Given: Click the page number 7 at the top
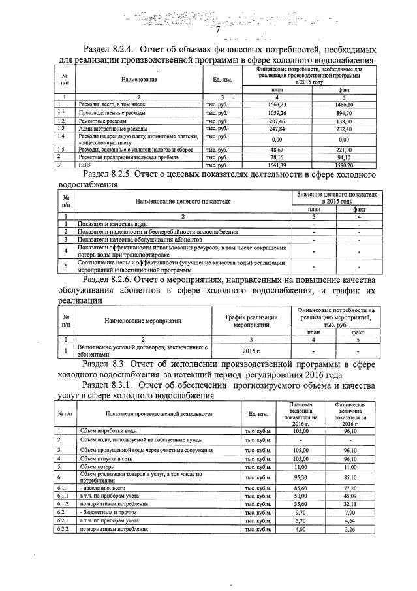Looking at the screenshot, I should coord(219,29).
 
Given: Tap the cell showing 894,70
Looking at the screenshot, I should coord(344,113).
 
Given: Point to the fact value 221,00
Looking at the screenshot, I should coord(344,149).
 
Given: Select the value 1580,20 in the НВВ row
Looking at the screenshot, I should coord(344,165).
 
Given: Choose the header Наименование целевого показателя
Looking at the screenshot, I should coord(183,200).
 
